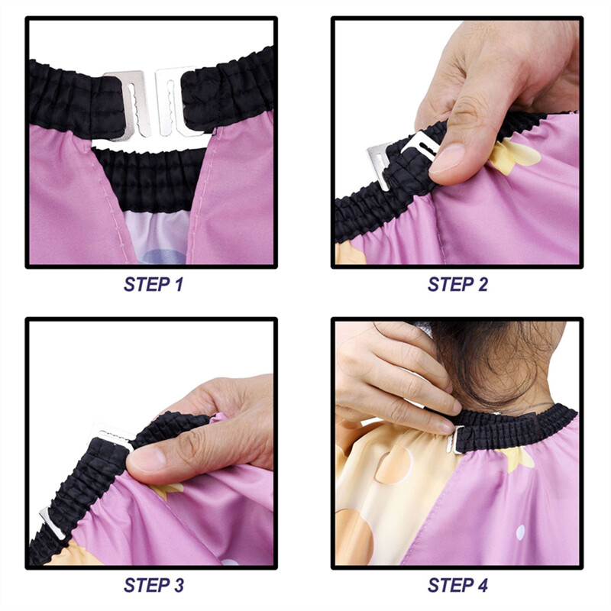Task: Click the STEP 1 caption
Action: [153, 285]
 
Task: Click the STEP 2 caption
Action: [457, 285]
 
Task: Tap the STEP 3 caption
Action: [153, 586]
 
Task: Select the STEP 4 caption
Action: [457, 586]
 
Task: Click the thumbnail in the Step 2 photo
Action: [449, 158]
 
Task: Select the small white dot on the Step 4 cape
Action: [520, 532]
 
